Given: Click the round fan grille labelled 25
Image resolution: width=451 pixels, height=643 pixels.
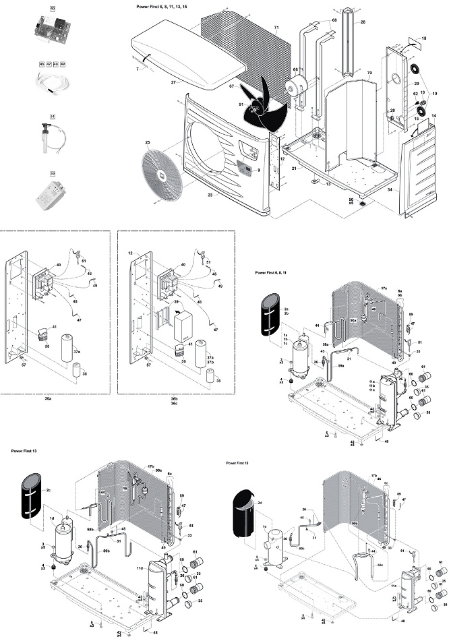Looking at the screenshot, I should click(x=158, y=173).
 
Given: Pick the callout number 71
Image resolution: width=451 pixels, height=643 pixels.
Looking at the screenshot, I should click(x=276, y=28).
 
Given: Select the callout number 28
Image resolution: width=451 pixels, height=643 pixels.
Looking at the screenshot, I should click(x=363, y=22).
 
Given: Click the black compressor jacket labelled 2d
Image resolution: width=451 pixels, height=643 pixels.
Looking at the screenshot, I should click(x=244, y=513).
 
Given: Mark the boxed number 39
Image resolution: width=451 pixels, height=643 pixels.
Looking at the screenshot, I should click(x=52, y=173).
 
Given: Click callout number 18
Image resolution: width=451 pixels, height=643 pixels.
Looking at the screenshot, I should click(x=423, y=38).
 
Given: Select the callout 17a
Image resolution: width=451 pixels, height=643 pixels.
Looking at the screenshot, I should click(x=384, y=288).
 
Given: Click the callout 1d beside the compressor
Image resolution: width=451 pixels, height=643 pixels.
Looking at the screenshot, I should click(x=53, y=518).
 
